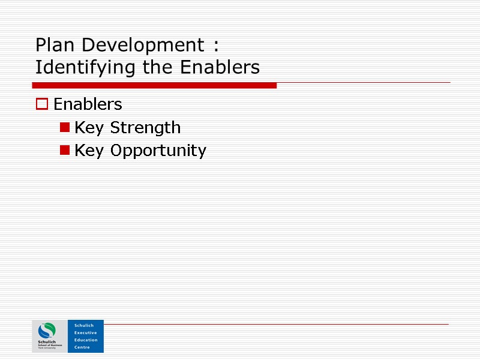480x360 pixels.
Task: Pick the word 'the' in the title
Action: coord(157,67)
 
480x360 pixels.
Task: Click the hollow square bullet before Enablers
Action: coord(41,104)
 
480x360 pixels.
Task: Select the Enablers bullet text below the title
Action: coord(88,104)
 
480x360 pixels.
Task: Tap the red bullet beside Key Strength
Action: coord(64,127)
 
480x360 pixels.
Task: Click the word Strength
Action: coord(145,128)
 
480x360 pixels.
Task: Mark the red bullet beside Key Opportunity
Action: coord(64,150)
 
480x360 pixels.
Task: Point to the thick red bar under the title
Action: coord(156,86)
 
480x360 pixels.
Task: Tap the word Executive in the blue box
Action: coord(85,332)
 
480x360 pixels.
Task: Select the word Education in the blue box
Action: coord(86,340)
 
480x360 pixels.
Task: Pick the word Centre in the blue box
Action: coord(82,347)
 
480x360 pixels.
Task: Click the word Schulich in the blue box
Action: coord(84,325)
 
